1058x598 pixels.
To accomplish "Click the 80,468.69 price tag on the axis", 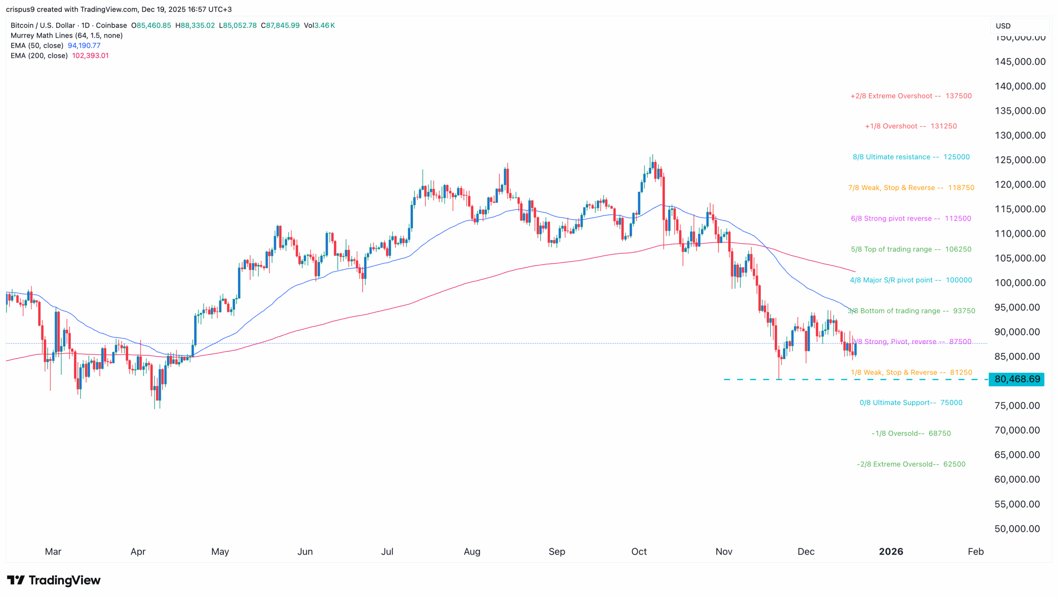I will pyautogui.click(x=1016, y=379).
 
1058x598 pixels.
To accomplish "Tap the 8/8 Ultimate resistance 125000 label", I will pyautogui.click(x=911, y=157).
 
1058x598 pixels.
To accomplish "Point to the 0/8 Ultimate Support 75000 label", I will pyautogui.click(x=910, y=403).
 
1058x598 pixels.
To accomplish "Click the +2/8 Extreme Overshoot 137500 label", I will pyautogui.click(x=910, y=96).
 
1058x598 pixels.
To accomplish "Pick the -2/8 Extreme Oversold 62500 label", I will pyautogui.click(x=911, y=464).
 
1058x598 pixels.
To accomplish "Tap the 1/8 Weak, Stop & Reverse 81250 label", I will pyautogui.click(x=911, y=372).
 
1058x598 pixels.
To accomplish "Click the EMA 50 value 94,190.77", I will pyautogui.click(x=84, y=45).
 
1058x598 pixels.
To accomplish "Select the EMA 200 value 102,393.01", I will pyautogui.click(x=90, y=55).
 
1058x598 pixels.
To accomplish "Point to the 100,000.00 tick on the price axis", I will pyautogui.click(x=1020, y=283).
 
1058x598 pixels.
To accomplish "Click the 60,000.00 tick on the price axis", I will pyautogui.click(x=1017, y=479).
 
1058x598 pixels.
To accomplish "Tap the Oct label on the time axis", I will pyautogui.click(x=639, y=551).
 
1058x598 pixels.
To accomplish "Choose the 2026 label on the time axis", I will pyautogui.click(x=891, y=551).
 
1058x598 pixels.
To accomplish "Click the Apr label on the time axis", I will pyautogui.click(x=138, y=551).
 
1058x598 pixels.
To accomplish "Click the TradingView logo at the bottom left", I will pyautogui.click(x=54, y=580).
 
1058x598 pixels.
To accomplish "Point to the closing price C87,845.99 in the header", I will pyautogui.click(x=280, y=25).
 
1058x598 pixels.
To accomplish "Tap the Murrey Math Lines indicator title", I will pyautogui.click(x=67, y=36).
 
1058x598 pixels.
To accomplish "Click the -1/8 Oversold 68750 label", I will pyautogui.click(x=911, y=433).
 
